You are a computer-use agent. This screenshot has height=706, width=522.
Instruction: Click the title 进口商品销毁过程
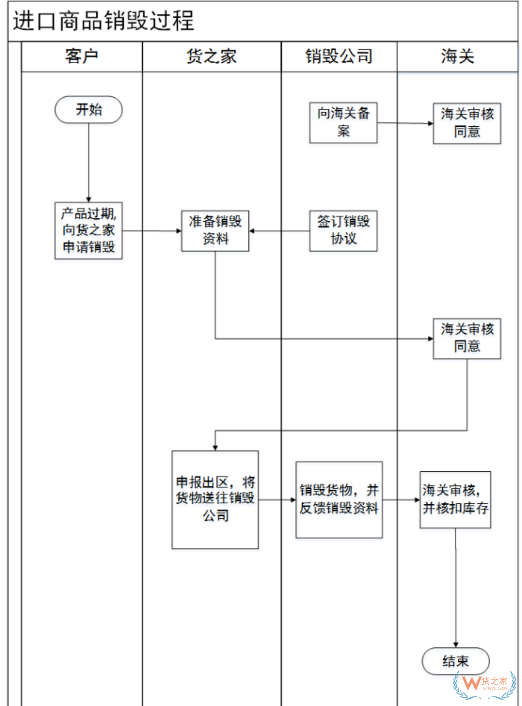point(103,21)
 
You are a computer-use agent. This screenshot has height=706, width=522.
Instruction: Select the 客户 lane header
point(82,57)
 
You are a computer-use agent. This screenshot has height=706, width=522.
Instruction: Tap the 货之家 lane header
point(212,57)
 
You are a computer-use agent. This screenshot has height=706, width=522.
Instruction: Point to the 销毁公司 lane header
point(339,57)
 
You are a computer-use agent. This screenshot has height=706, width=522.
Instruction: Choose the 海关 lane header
point(457,57)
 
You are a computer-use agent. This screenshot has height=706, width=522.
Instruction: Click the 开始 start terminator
point(88,110)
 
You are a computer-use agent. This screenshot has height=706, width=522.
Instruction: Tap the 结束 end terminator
point(455,661)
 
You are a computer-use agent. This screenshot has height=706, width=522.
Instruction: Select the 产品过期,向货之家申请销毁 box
point(88,231)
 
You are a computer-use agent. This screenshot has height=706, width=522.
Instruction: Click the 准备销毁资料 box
point(215,231)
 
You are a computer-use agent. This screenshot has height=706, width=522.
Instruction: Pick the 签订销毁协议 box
point(343,231)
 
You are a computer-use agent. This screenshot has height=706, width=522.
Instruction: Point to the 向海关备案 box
point(343,122)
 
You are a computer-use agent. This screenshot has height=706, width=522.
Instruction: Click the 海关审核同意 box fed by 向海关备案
point(467,123)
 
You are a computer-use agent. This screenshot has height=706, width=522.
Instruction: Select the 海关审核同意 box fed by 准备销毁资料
point(467,338)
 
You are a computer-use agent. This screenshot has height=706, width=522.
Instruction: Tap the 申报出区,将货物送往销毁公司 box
point(215,499)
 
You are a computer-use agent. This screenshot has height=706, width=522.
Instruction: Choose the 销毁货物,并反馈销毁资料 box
point(339,499)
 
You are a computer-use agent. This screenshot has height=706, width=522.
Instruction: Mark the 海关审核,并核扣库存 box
point(455,499)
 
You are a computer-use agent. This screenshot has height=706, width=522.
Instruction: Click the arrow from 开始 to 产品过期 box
point(88,162)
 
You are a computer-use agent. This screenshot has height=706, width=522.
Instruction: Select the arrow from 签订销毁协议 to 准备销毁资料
point(279,231)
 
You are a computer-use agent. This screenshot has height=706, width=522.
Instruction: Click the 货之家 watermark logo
point(485,684)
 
